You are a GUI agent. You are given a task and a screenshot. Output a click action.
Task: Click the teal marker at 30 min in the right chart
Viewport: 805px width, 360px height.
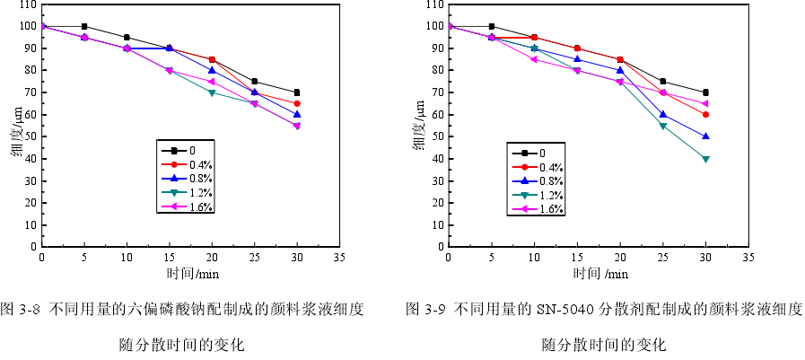click(x=705, y=159)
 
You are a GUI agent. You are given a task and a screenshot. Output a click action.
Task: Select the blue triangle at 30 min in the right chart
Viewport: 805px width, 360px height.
click(x=705, y=136)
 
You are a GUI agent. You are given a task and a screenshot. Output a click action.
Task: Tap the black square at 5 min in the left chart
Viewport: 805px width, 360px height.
click(x=84, y=26)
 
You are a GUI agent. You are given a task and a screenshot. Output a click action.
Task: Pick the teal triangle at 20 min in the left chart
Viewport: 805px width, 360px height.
click(x=212, y=92)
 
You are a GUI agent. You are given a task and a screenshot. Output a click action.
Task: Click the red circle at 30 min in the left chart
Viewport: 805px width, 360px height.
click(x=297, y=103)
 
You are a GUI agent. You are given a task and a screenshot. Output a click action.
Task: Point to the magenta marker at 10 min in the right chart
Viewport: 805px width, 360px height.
click(x=534, y=59)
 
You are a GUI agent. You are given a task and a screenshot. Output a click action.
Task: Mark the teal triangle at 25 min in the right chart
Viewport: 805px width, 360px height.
click(x=662, y=126)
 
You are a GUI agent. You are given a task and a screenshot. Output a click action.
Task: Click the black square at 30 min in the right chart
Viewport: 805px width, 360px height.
click(x=705, y=92)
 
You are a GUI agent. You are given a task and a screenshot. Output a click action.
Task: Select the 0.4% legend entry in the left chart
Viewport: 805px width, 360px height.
click(x=199, y=164)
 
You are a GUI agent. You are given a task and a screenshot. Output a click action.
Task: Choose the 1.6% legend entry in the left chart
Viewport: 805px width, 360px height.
click(x=199, y=207)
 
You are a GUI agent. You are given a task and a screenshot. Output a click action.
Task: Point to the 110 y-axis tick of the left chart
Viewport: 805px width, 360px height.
click(x=27, y=4)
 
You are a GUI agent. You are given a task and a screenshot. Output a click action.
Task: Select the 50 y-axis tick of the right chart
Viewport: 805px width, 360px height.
click(x=437, y=136)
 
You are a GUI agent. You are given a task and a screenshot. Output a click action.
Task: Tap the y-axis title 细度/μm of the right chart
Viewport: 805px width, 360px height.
click(x=419, y=126)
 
